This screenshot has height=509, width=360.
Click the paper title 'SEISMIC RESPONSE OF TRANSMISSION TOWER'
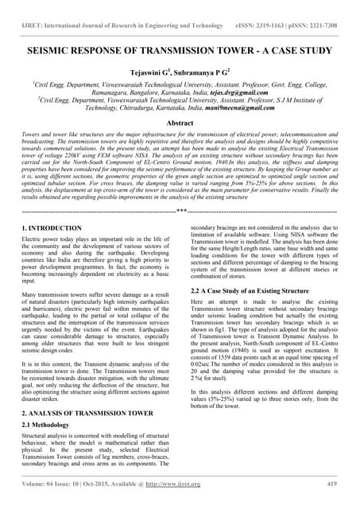[x=143, y=50]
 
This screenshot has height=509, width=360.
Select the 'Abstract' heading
[x=180, y=125]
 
